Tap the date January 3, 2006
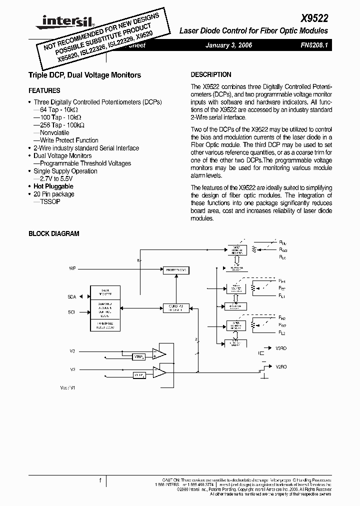tap(229, 45)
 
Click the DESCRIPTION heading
tap(211, 74)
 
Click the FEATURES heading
tap(44, 90)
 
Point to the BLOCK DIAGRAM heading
tap(53, 233)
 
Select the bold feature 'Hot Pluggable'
tap(53, 186)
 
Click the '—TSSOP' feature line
tap(46, 201)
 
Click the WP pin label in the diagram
tap(72, 269)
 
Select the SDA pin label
tap(71, 296)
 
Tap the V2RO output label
tap(281, 366)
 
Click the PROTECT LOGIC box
tap(176, 270)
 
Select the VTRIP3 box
tap(138, 357)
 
